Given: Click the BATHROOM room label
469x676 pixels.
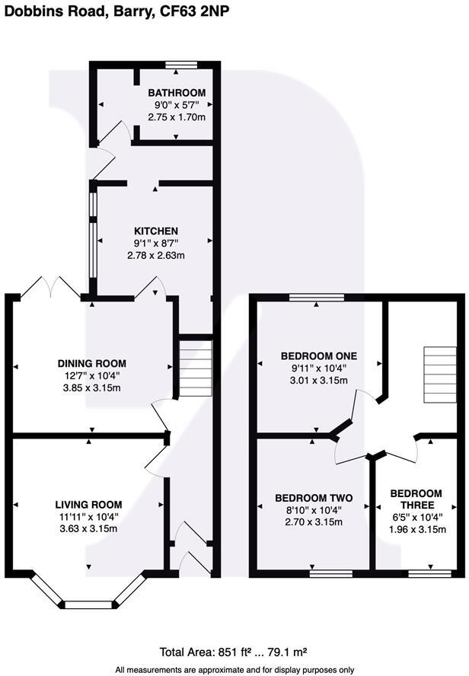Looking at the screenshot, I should click(x=177, y=93).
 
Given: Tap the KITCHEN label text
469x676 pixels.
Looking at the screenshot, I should click(x=156, y=231).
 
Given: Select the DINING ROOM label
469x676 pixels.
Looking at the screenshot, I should click(x=91, y=363).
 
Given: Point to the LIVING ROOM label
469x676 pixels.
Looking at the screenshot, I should click(x=88, y=504).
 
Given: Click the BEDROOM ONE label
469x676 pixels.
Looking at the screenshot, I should click(x=319, y=356).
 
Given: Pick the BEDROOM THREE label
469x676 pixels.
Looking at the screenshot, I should click(x=415, y=499).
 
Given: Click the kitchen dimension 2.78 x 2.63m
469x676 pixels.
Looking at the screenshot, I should click(x=156, y=256).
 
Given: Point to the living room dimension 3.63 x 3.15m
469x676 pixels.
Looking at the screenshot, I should click(x=88, y=529).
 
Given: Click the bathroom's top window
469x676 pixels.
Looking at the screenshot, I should click(x=183, y=64).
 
